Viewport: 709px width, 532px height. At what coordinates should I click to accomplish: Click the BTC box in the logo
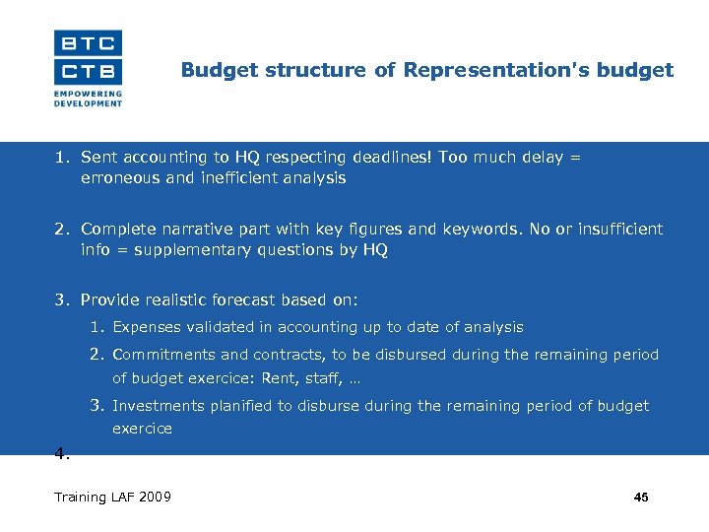tap(88, 42)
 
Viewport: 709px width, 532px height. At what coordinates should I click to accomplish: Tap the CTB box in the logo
tap(88, 72)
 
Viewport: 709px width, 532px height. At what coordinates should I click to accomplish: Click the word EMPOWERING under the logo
tap(89, 95)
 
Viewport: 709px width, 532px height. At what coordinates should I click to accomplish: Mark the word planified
tap(240, 406)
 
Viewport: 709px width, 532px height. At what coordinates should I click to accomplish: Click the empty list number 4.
tap(61, 454)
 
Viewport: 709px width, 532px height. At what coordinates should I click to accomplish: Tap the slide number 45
tap(641, 498)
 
